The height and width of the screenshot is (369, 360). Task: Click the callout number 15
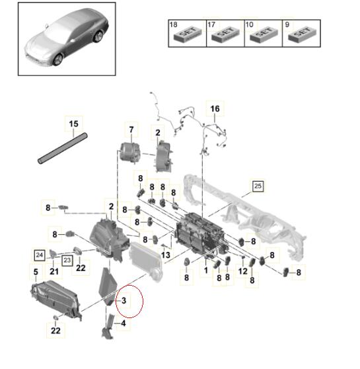(73, 124)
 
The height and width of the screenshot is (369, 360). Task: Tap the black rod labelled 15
(63, 148)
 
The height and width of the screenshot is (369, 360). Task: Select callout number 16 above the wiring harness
(215, 108)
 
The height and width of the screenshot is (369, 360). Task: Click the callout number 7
(131, 130)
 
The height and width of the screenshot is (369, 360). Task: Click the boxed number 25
(258, 186)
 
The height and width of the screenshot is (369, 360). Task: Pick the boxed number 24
(39, 255)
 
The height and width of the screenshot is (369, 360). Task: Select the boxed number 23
(67, 261)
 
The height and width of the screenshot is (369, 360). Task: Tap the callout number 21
(54, 272)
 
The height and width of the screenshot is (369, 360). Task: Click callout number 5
(36, 272)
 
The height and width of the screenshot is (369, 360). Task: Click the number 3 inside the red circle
(124, 300)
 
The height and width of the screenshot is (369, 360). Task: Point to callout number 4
(124, 323)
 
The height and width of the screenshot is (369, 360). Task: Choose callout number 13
(166, 255)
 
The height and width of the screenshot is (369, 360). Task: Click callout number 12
(242, 271)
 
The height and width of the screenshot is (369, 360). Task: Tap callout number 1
(206, 270)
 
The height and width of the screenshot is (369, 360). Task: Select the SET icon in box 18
(188, 34)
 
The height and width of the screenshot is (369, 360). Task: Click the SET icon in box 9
(302, 34)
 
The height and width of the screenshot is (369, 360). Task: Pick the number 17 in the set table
(211, 24)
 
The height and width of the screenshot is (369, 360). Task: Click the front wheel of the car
(58, 60)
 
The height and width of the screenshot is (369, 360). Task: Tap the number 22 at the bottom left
(55, 331)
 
